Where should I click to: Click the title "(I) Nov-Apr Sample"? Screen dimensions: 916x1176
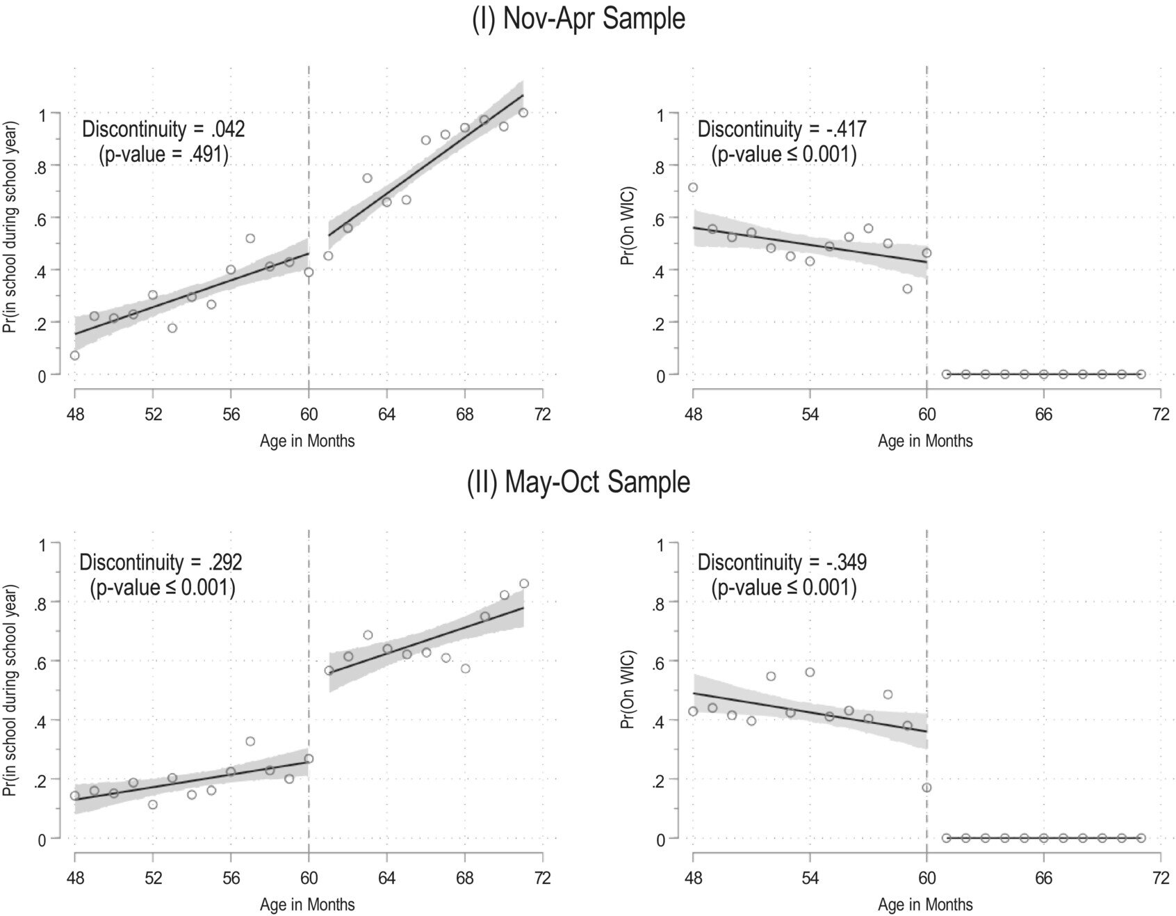tap(578, 19)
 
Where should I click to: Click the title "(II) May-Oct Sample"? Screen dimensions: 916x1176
tap(578, 482)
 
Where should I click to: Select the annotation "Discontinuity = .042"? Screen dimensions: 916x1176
tap(163, 129)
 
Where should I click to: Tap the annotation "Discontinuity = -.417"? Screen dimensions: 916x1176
tap(782, 129)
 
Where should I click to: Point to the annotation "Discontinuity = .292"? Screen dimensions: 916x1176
tap(161, 562)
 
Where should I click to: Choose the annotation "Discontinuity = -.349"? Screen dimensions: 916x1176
tap(782, 562)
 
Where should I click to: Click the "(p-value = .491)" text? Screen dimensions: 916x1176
tap(163, 154)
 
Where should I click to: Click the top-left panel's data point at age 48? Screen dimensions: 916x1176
tap(75, 355)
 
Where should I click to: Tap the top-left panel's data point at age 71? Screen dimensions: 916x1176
tap(523, 113)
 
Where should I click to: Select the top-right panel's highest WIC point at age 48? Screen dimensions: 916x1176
tap(693, 188)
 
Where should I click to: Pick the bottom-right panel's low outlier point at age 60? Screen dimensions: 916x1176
tap(926, 787)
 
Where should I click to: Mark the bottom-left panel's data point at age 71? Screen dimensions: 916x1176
tap(524, 584)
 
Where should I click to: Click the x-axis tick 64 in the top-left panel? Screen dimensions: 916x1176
tap(387, 415)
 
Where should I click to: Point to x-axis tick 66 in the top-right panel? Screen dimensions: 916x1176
tap(1043, 415)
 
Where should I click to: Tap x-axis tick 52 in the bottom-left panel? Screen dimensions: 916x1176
tap(153, 878)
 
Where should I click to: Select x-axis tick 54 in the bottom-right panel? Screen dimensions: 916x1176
tap(810, 878)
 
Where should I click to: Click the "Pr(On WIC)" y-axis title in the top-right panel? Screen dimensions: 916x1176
tap(628, 227)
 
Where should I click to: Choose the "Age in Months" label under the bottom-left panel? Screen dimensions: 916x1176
tap(307, 905)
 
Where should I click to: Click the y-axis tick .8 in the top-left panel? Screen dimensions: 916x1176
tap(44, 166)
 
